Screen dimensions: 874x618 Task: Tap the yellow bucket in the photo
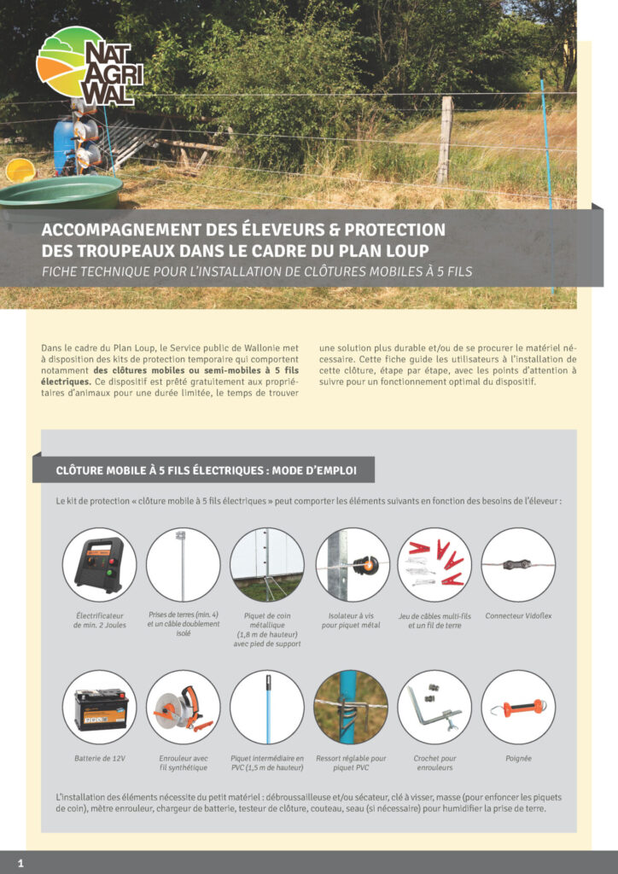pyautogui.click(x=20, y=169)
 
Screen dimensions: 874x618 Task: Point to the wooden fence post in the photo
pyautogui.click(x=444, y=141)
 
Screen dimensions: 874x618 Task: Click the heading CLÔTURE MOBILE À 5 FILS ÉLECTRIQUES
pyautogui.click(x=206, y=469)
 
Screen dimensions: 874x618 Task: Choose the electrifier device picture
pyautogui.click(x=99, y=564)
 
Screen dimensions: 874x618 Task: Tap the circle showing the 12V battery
pyautogui.click(x=99, y=707)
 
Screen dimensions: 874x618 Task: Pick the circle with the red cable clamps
pyautogui.click(x=434, y=564)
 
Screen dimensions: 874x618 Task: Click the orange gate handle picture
pyautogui.click(x=518, y=707)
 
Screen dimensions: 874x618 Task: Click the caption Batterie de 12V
pyautogui.click(x=99, y=757)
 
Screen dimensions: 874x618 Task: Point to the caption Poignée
pyautogui.click(x=518, y=757)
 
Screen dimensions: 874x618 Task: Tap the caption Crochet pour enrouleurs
pyautogui.click(x=434, y=761)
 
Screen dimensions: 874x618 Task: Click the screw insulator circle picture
pyautogui.click(x=353, y=564)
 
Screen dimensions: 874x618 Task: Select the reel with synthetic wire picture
pyautogui.click(x=183, y=707)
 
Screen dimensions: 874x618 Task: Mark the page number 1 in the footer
pyautogui.click(x=20, y=863)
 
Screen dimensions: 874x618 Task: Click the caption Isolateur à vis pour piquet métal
pyautogui.click(x=353, y=621)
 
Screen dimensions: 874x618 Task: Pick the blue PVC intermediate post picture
pyautogui.click(x=267, y=707)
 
